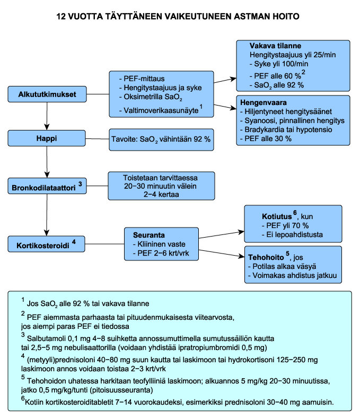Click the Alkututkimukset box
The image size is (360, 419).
click(x=47, y=94)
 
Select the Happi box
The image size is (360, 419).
click(x=47, y=138)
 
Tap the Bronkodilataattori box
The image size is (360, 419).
click(x=47, y=186)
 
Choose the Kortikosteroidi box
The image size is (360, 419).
click(x=47, y=244)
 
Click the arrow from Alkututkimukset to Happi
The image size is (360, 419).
click(x=47, y=116)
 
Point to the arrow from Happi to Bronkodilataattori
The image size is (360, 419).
click(x=47, y=162)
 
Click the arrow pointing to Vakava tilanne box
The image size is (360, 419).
click(x=225, y=81)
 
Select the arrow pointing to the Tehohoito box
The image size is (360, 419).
click(x=222, y=254)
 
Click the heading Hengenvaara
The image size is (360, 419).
click(x=264, y=102)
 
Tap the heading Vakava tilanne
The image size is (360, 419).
click(x=275, y=46)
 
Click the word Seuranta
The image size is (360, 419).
click(x=149, y=235)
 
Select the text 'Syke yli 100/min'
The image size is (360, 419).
click(x=279, y=64)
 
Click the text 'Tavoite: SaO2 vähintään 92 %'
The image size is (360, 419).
click(x=161, y=139)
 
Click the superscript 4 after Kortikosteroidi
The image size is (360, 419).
click(x=74, y=242)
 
